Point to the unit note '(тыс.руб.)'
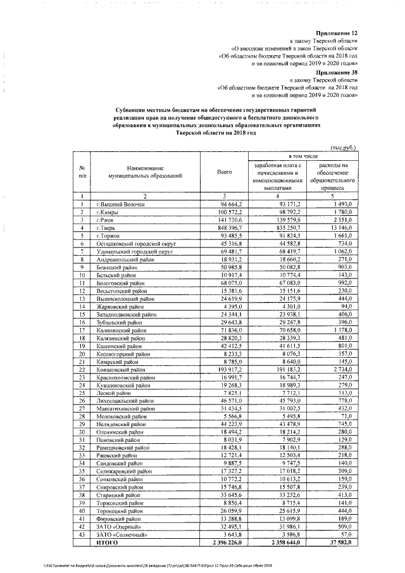pos(341,147)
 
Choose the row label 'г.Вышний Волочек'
pos(120,205)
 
